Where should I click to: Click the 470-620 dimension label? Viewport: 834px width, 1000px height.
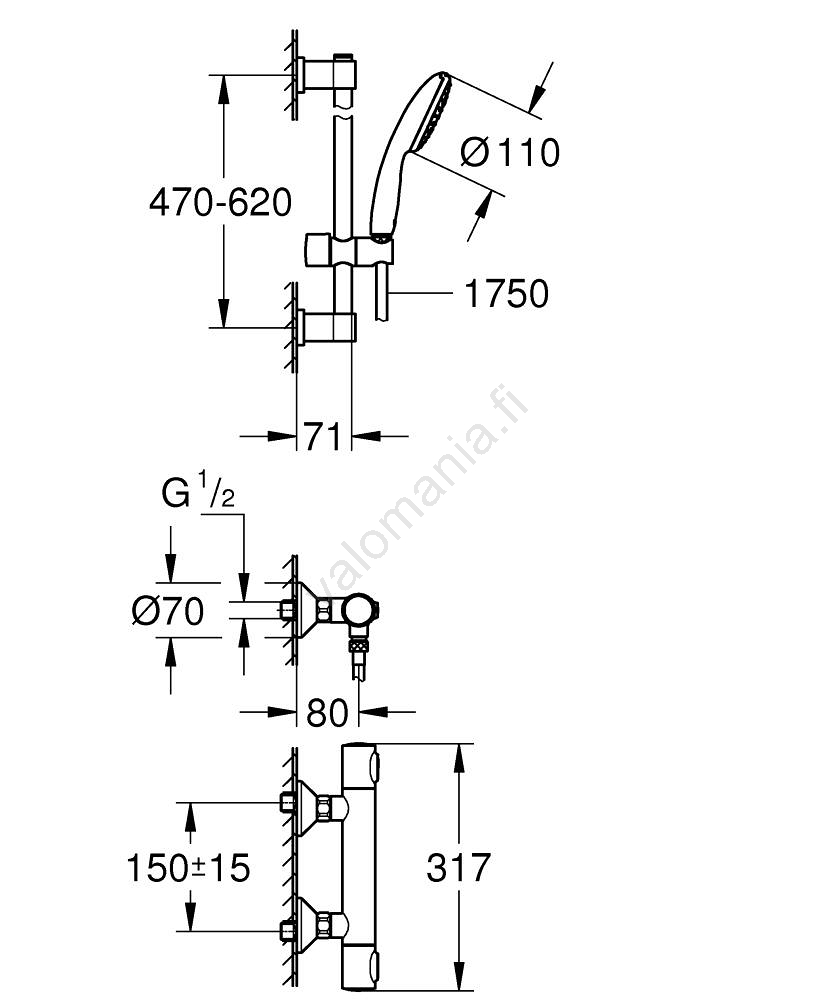220,203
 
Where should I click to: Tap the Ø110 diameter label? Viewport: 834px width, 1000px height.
509,152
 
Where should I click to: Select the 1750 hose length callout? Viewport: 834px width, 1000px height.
507,294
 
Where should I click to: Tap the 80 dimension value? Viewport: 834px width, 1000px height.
327,712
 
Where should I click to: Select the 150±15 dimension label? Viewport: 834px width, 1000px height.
188,868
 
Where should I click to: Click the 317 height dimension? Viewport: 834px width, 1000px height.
458,868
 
